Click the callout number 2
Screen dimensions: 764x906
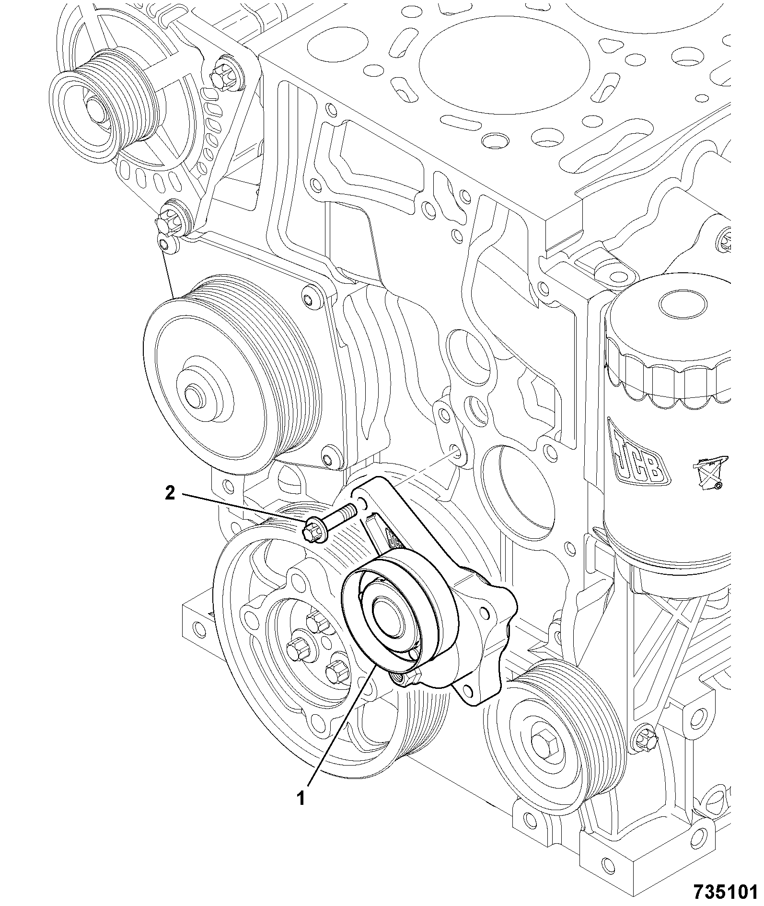click(170, 493)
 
